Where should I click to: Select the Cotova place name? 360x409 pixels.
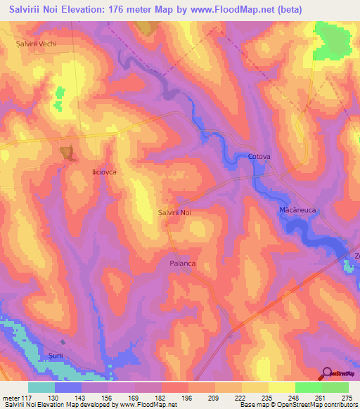(259, 157)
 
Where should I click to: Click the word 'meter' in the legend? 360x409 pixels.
(11, 398)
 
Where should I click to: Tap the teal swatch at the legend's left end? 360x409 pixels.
(41, 387)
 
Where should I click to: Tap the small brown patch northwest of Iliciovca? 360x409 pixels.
(68, 152)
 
